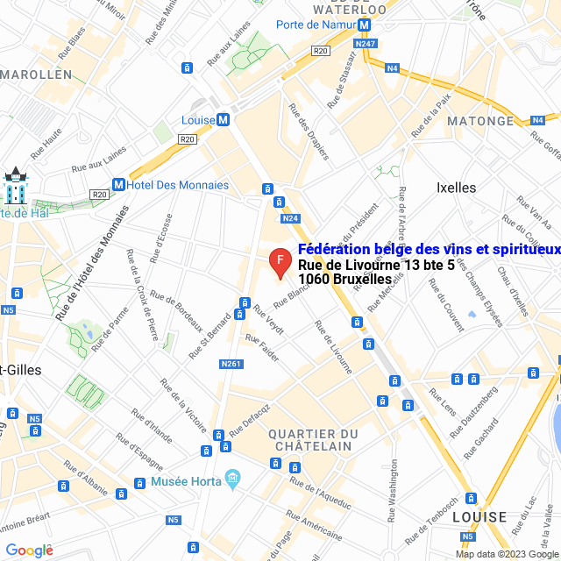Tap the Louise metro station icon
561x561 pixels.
tap(224, 120)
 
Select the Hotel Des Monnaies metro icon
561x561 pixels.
tap(117, 185)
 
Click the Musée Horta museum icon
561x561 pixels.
tap(232, 479)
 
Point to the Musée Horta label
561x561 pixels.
tap(186, 482)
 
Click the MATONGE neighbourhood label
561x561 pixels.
tap(480, 121)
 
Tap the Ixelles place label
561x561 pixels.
tap(456, 188)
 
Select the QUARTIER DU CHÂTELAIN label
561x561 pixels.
tap(313, 440)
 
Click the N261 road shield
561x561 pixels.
tap(231, 364)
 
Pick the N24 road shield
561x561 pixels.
tap(291, 218)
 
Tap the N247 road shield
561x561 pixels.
tap(366, 42)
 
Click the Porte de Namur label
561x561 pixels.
tap(316, 25)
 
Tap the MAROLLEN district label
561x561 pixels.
tap(36, 75)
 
